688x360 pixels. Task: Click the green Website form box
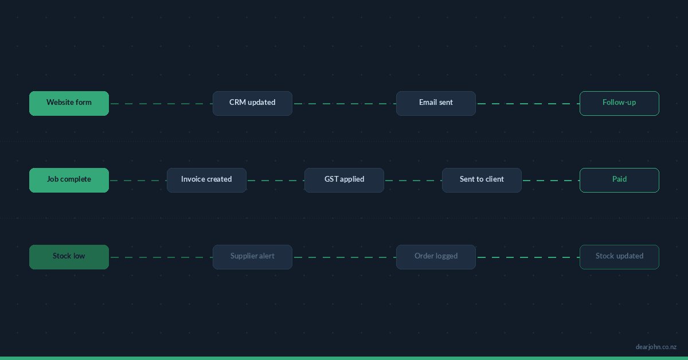pos(69,103)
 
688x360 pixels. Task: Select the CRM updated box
pos(252,103)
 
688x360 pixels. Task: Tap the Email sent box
pos(436,103)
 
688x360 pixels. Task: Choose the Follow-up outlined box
pos(619,103)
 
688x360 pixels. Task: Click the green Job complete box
pos(69,180)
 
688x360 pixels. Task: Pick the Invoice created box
pos(206,180)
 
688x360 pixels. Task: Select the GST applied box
pos(344,180)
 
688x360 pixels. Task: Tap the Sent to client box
pos(482,180)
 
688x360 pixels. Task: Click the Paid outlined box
pos(619,180)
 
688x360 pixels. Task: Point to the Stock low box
pos(69,257)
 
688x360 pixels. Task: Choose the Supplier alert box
pos(252,257)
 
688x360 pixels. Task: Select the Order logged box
pos(436,257)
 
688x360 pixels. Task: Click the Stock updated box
pos(619,257)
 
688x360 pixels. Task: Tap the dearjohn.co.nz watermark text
pos(656,347)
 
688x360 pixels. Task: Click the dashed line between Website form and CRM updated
pos(161,104)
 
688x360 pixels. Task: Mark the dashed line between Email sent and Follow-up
pos(527,104)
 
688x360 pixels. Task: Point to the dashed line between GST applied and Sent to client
pos(413,181)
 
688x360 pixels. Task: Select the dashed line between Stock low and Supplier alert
pos(161,257)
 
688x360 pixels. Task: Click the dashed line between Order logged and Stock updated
pos(527,257)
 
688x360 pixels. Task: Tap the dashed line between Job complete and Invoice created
pos(138,181)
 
